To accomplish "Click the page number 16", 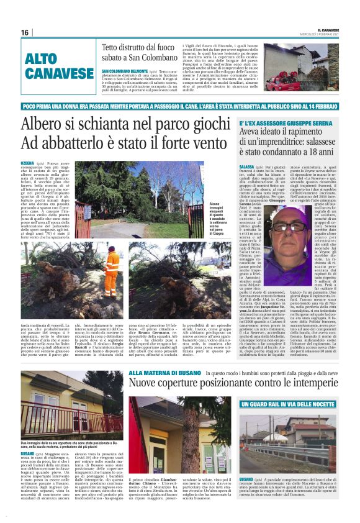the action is tap(25, 32).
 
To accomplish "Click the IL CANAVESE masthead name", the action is tap(326, 30).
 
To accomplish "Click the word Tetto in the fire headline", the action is tap(114, 47).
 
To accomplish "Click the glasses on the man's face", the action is tap(289, 226).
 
